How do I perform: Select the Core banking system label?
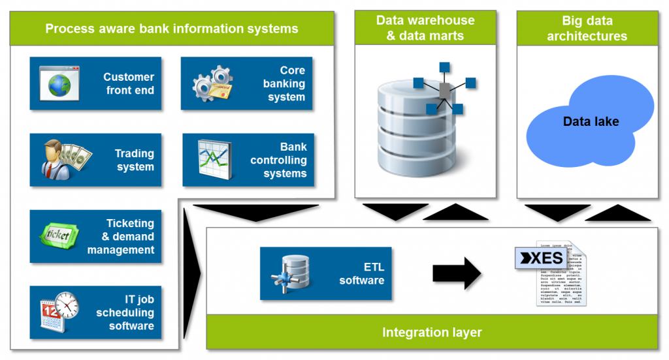[x=284, y=83]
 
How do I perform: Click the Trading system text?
[x=135, y=160]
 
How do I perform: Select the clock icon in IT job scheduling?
[x=67, y=303]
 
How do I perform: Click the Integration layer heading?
[x=432, y=333]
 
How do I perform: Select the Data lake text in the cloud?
[x=591, y=121]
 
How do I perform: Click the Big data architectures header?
[x=587, y=29]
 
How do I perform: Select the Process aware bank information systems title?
[x=172, y=29]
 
